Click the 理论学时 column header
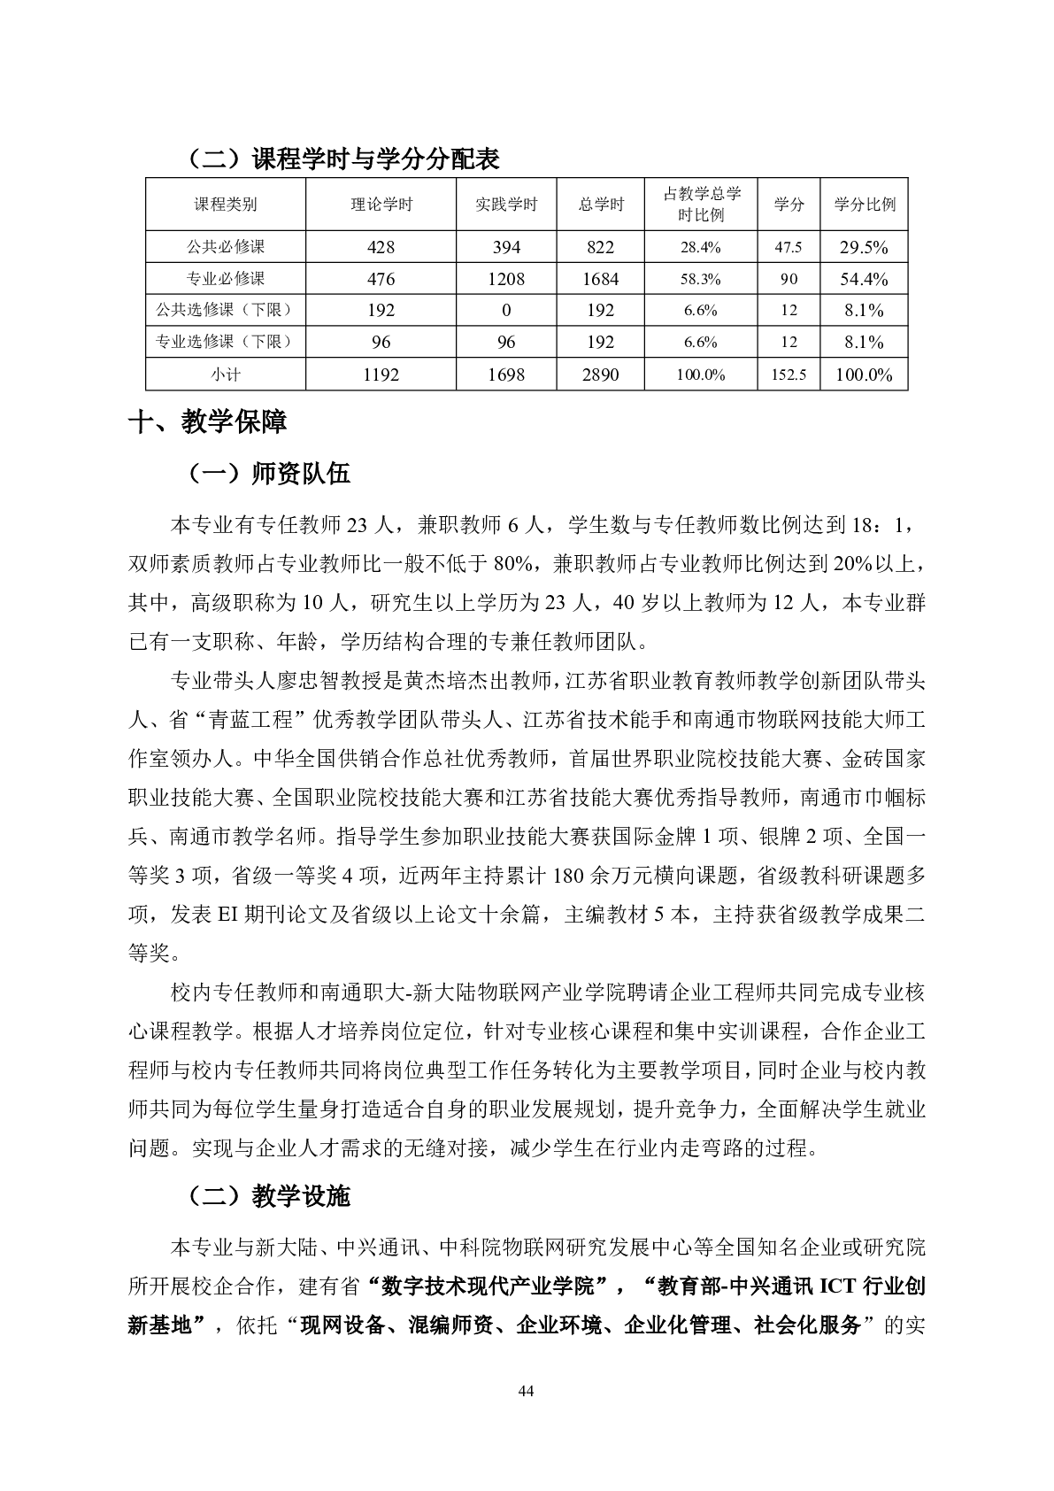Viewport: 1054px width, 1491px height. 381,205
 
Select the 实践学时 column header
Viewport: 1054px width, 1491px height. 505,205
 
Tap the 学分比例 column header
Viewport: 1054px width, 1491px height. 864,205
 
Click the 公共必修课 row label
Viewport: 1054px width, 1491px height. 226,247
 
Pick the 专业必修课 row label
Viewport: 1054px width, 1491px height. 226,279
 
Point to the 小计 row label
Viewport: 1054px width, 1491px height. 226,375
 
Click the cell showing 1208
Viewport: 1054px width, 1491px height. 505,279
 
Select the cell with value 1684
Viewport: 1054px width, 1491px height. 600,279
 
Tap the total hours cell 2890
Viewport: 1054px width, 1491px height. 600,375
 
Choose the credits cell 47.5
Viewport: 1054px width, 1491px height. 789,247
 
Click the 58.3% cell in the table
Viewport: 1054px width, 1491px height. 700,279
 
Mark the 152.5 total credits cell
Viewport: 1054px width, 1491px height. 789,375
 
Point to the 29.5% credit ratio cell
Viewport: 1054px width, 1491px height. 864,247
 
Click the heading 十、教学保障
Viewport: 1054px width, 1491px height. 208,421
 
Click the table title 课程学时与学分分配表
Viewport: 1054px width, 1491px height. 376,158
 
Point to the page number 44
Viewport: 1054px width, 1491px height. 527,1391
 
